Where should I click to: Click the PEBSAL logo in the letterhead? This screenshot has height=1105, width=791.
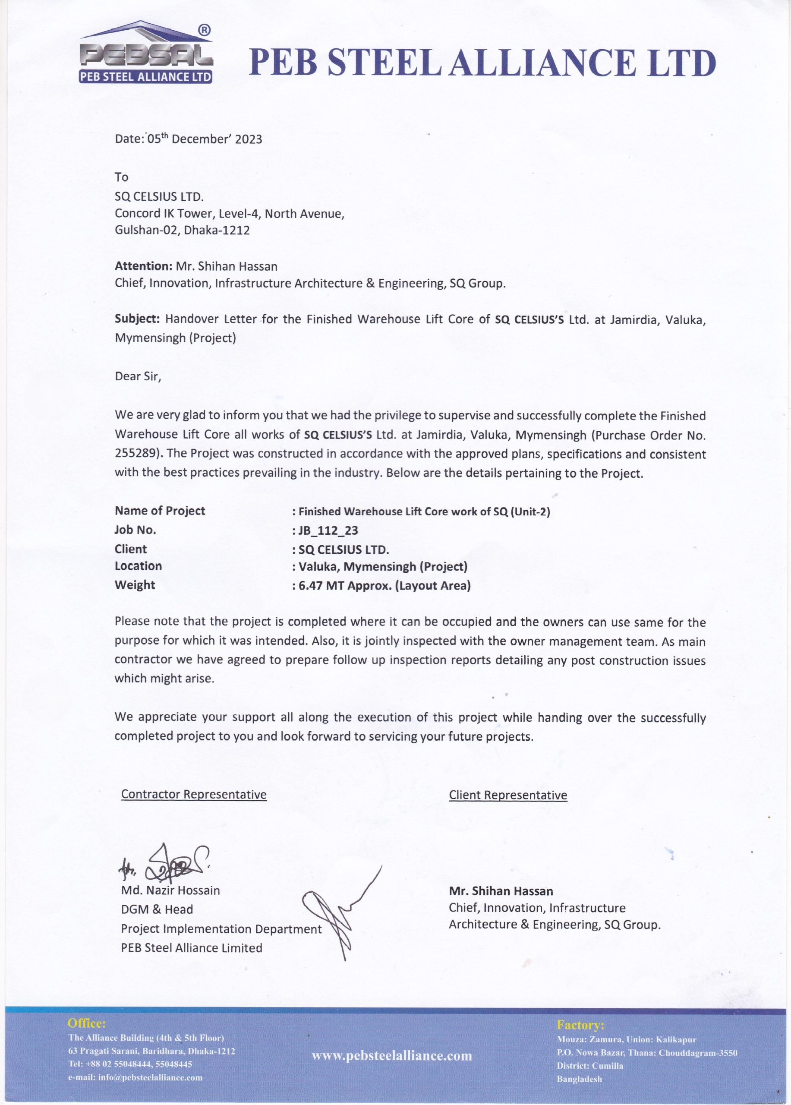145,53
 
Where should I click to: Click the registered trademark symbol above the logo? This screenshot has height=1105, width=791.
205,30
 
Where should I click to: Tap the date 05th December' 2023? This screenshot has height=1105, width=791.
205,139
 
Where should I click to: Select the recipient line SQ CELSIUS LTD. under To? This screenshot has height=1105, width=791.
159,197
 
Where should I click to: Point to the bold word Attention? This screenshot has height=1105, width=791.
143,266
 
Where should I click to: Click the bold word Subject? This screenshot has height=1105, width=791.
137,319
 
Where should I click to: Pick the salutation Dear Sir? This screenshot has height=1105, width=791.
138,376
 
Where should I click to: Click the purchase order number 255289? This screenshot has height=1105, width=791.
137,454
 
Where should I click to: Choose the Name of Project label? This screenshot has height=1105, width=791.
160,511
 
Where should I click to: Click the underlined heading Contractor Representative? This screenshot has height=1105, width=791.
194,794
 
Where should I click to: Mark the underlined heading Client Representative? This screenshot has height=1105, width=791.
508,795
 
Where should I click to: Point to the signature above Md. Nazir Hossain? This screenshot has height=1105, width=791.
166,865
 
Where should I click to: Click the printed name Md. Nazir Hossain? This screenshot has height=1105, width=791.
170,890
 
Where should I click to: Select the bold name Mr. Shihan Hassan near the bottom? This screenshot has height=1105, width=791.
501,891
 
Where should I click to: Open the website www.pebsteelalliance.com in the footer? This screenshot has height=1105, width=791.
391,1056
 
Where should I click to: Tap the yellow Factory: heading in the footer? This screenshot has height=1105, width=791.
580,1025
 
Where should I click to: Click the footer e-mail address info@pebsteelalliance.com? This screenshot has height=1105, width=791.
150,1077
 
